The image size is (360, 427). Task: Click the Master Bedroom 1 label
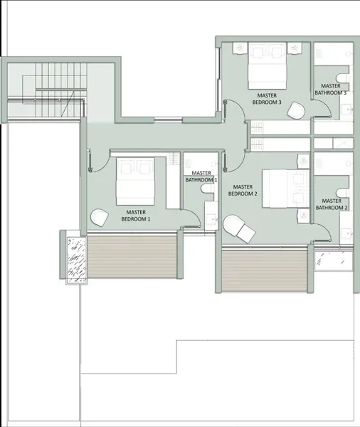coord(136,216)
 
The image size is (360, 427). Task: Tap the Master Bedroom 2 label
coord(243,190)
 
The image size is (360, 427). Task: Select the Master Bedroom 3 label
coord(267,99)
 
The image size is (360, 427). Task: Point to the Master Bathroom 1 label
coord(201,176)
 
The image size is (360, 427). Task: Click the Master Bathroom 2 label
coord(332,204)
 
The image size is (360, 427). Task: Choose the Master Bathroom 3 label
coord(331,90)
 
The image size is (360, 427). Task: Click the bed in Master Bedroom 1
coord(135,181)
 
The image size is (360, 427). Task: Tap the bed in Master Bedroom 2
coord(285,189)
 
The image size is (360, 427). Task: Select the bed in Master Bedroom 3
coord(267,65)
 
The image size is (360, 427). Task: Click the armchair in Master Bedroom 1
coord(100,217)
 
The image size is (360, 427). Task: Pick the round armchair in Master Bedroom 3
coord(296,110)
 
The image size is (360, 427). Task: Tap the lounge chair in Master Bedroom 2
coord(239,228)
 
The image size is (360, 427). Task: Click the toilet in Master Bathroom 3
coord(342,78)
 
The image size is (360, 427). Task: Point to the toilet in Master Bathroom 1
coord(208,189)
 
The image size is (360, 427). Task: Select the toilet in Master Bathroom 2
coord(342,193)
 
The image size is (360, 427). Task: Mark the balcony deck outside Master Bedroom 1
coord(132,257)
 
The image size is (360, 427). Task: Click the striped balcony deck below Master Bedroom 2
coord(265,270)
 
